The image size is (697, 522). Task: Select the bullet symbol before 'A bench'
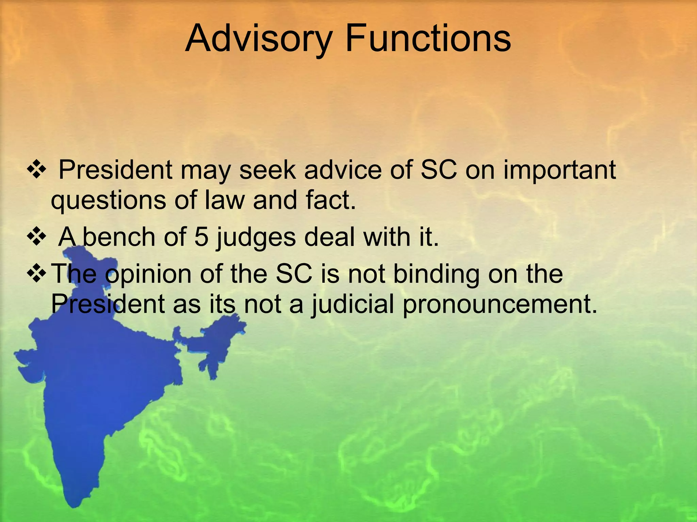pyautogui.click(x=36, y=237)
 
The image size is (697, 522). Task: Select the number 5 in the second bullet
pyautogui.click(x=201, y=237)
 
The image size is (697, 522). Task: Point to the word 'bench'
pyautogui.click(x=119, y=237)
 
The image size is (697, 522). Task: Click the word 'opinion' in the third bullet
pyautogui.click(x=148, y=275)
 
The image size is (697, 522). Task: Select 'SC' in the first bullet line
pyautogui.click(x=439, y=170)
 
